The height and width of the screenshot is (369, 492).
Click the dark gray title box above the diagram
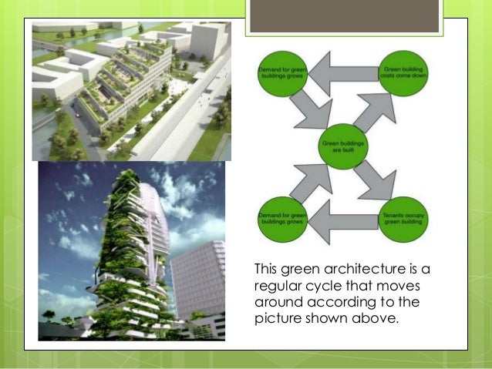[x=345, y=16]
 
